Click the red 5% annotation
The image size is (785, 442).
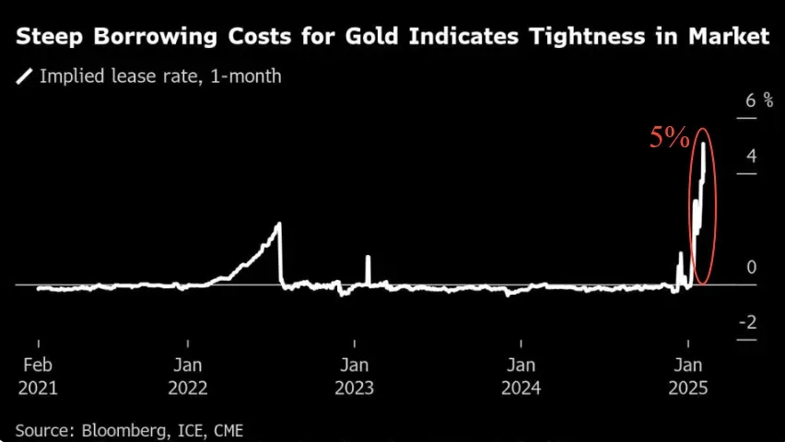point(669,138)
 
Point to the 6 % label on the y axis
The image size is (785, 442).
point(757,99)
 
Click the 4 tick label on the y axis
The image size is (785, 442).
point(752,156)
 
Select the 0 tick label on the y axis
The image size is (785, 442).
point(752,267)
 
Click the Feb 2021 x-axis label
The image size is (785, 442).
point(38,376)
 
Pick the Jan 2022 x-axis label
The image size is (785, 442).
point(188,376)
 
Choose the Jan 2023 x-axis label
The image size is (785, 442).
point(354,376)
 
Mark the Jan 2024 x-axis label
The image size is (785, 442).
point(521,376)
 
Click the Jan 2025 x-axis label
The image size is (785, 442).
point(687,376)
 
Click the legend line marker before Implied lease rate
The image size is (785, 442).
point(25,76)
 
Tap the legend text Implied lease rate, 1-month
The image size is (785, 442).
point(160,76)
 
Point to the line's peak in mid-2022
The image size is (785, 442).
point(279,224)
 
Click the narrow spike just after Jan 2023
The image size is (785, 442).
point(368,258)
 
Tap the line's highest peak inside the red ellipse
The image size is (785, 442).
point(704,144)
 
